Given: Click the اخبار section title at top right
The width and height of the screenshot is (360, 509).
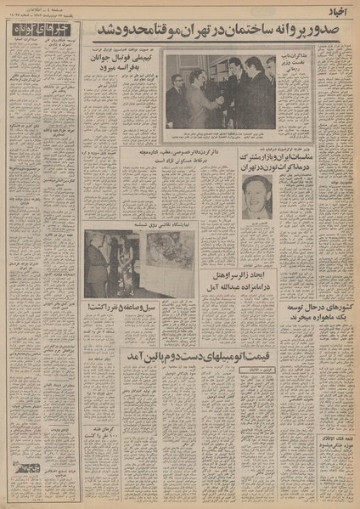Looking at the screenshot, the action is coord(336,13).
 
